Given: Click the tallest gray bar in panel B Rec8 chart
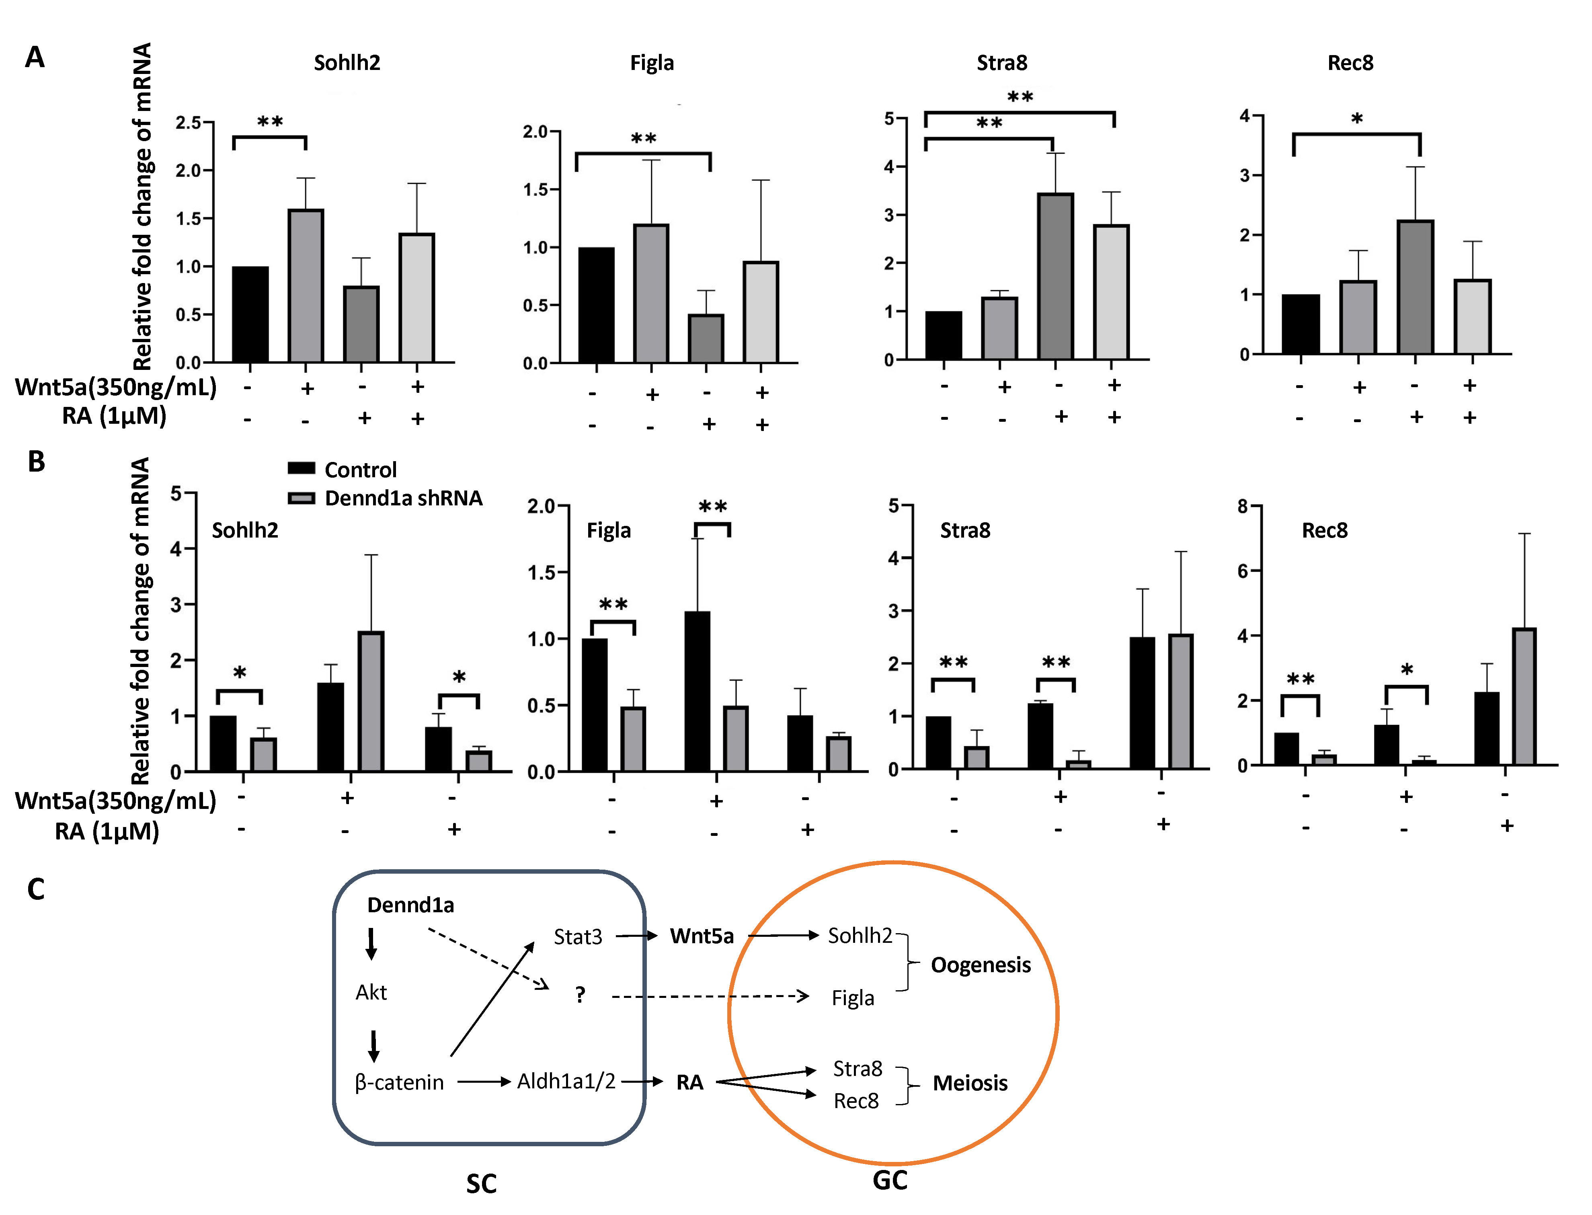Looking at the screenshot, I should (1523, 696).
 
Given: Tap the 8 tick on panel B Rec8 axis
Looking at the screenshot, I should (1243, 506).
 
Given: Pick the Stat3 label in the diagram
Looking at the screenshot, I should (578, 937).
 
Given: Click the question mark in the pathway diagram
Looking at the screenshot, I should (580, 995).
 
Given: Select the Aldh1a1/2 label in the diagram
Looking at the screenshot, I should (566, 1081).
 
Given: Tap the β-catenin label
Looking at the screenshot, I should (399, 1083).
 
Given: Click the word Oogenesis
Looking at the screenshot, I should (981, 965).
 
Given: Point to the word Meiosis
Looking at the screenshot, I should (970, 1084).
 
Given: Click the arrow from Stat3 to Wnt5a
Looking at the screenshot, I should (636, 936).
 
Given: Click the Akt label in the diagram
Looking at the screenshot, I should (371, 992).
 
